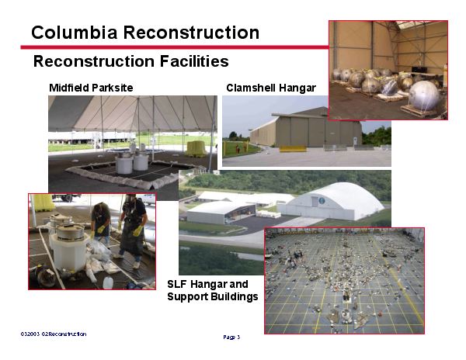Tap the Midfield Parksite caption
91,88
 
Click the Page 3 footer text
231,337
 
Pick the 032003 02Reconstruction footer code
54,334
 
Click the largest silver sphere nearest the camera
424,96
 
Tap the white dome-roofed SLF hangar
333,201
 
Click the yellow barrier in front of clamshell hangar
293,148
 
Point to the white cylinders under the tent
132,162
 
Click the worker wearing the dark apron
132,225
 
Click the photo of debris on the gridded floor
344,280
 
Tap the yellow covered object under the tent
196,147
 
